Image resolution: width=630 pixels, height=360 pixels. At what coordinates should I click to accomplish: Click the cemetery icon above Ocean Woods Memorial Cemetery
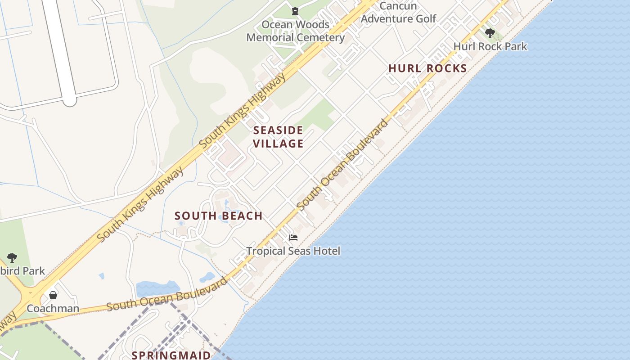[295, 11]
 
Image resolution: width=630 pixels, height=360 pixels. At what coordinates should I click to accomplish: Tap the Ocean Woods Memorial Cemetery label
[295, 31]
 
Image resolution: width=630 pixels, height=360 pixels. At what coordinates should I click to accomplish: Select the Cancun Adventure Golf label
[398, 12]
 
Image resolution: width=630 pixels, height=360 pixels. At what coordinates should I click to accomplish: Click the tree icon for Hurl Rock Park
[490, 33]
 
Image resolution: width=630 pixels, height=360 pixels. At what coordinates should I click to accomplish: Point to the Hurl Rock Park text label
[490, 46]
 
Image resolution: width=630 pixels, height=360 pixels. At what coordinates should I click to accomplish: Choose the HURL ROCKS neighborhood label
[427, 68]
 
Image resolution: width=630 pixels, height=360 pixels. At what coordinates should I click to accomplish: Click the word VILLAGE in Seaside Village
[278, 144]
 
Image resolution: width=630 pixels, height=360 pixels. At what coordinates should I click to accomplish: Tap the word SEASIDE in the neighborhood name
[278, 130]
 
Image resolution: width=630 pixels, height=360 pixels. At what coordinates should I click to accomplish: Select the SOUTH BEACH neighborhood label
[219, 216]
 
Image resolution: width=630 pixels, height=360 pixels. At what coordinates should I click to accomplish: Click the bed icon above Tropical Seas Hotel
[293, 238]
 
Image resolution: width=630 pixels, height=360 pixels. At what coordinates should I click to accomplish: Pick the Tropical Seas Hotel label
[293, 251]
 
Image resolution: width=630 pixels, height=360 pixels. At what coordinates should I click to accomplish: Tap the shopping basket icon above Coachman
[53, 295]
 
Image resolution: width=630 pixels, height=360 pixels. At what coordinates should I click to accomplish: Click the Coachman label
[53, 309]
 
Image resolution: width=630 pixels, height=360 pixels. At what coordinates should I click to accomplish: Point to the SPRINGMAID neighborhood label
[171, 355]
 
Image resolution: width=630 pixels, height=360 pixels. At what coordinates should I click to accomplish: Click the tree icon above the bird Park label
[12, 258]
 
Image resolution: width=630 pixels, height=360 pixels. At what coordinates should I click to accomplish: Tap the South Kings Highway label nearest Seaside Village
[243, 110]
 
